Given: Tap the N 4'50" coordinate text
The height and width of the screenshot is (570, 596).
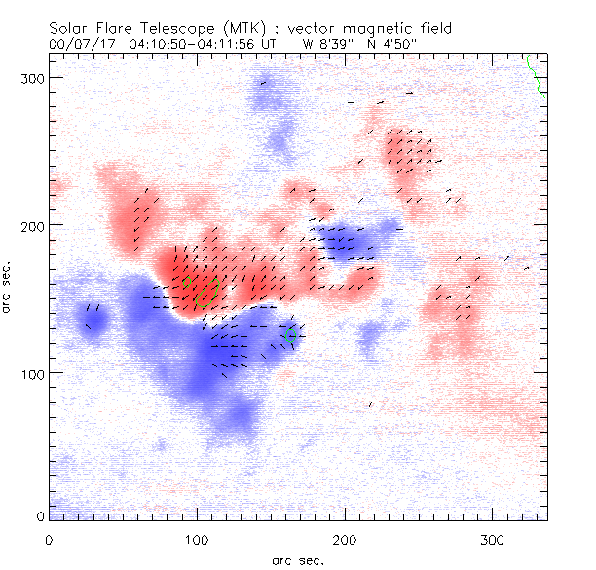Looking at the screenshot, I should [x=390, y=44].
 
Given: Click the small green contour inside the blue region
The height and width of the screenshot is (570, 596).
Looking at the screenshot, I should [x=290, y=334].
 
